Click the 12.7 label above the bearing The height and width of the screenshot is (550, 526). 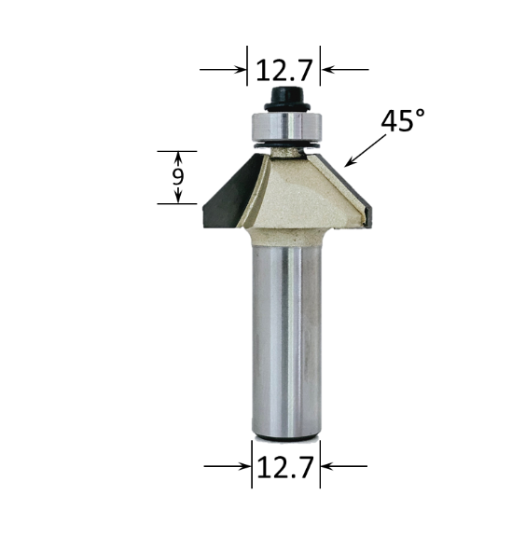pos(284,69)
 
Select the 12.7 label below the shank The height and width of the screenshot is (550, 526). pos(285,466)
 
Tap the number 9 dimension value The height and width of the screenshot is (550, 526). pos(176,177)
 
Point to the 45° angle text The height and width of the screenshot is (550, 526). pos(402,121)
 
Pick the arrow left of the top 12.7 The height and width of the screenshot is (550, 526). pos(222,69)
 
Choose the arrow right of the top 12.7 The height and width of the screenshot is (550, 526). pos(345,69)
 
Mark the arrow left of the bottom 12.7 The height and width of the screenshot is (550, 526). pos(228,466)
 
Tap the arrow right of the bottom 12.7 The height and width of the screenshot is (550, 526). pos(344,466)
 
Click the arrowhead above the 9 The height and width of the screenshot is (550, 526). pos(176,156)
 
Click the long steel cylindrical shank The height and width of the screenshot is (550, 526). pos(285,336)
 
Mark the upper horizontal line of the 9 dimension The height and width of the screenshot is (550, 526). pos(176,150)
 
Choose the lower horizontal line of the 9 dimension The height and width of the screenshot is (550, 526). pos(176,204)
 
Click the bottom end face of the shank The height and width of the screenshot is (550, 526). pos(285,433)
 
